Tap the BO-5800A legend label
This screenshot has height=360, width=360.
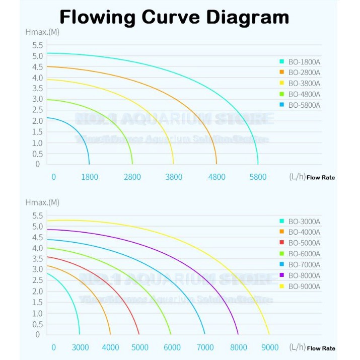pyautogui.click(x=304, y=105)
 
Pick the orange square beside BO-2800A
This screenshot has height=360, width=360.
pyautogui.click(x=282, y=73)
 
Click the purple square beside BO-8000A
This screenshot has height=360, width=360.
pyautogui.click(x=282, y=275)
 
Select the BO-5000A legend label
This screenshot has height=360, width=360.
pyautogui.click(x=304, y=243)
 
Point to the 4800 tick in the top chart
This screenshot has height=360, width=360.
pyautogui.click(x=217, y=177)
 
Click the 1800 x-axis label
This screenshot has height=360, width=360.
pyautogui.click(x=90, y=177)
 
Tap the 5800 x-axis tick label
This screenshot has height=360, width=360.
pyautogui.click(x=258, y=177)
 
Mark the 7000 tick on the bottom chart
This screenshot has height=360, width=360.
pyautogui.click(x=205, y=347)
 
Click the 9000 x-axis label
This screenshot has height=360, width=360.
pyautogui.click(x=270, y=347)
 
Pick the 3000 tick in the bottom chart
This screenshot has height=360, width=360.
pyautogui.click(x=80, y=347)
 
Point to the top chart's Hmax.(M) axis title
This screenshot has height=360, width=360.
pyautogui.click(x=42, y=32)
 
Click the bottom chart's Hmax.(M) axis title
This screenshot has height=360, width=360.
pyautogui.click(x=42, y=202)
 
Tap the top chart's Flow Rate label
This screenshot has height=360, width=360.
pyautogui.click(x=321, y=177)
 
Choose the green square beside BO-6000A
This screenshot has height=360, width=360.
pyautogui.click(x=282, y=254)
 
